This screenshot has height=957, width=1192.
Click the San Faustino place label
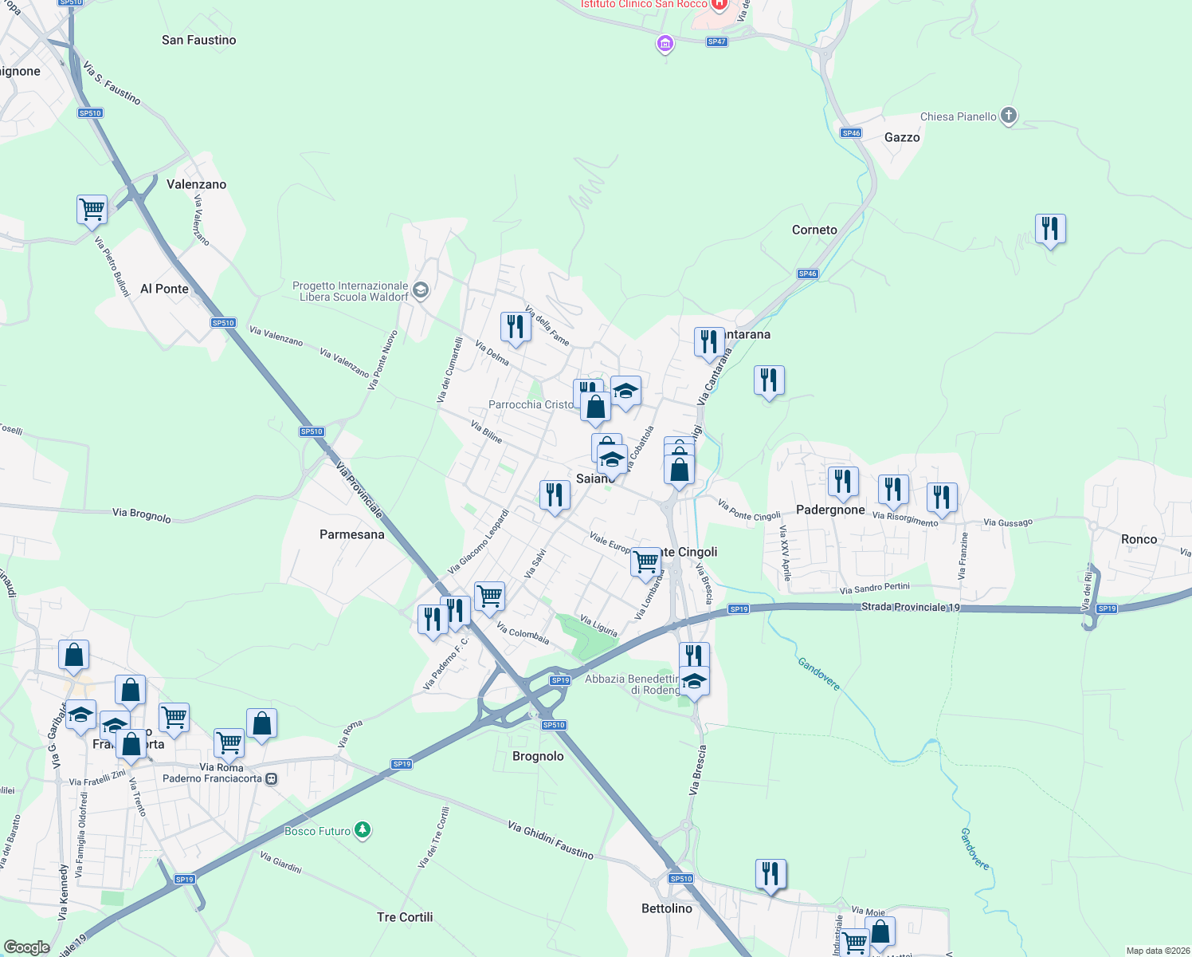(198, 40)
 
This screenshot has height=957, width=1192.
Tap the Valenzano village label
(196, 184)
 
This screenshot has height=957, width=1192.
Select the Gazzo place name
(902, 137)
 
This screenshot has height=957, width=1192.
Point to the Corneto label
(814, 230)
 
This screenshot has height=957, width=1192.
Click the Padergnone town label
(830, 510)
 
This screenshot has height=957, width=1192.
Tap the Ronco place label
(1139, 539)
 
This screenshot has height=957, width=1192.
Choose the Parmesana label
(351, 534)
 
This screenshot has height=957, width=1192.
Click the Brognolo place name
(538, 756)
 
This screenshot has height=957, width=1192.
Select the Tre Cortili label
(405, 917)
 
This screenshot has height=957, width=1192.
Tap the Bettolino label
(667, 908)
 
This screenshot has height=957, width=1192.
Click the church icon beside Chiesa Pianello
(1009, 116)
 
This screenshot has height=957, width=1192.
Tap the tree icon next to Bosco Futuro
(363, 830)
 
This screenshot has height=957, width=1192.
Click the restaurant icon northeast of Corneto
(1050, 229)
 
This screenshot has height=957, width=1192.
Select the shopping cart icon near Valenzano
(92, 210)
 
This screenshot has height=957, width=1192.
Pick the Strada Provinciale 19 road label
(910, 607)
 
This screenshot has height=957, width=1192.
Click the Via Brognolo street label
(142, 514)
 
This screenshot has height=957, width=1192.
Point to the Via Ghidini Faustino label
(551, 841)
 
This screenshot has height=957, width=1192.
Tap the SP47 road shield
(716, 41)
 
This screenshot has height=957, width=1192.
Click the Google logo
(27, 947)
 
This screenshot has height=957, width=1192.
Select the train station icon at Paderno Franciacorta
(272, 778)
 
